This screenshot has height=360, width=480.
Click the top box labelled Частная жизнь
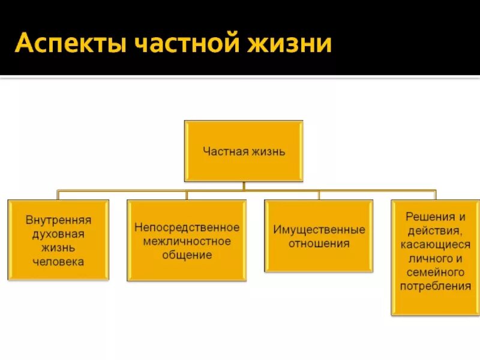pyautogui.click(x=244, y=151)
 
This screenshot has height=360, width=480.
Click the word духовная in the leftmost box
pyautogui.click(x=58, y=233)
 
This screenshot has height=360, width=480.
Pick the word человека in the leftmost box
pyautogui.click(x=58, y=262)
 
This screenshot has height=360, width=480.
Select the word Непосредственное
pyautogui.click(x=187, y=228)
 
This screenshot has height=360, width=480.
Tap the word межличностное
pyautogui.click(x=187, y=241)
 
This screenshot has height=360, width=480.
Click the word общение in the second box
pyautogui.click(x=187, y=255)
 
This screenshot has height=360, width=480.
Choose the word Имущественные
pyautogui.click(x=319, y=230)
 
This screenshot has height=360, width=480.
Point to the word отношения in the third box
pyautogui.click(x=319, y=244)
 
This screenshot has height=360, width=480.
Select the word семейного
pyautogui.click(x=435, y=272)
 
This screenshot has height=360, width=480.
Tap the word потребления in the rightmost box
pyautogui.click(x=435, y=286)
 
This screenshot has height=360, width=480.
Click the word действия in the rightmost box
pyautogui.click(x=435, y=230)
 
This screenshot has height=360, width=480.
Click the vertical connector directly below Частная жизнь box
pyautogui.click(x=244, y=186)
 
